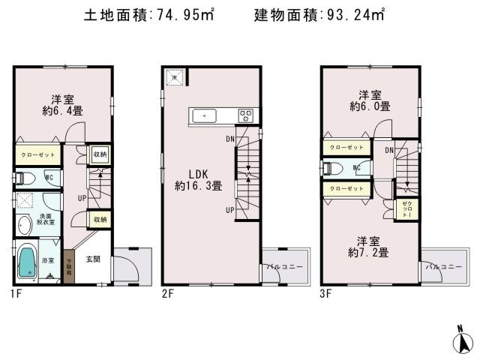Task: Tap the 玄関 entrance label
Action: click(x=93, y=259)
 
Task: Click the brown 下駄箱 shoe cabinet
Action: click(x=68, y=266)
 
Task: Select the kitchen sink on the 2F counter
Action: click(x=205, y=115)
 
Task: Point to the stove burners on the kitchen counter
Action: click(x=246, y=115)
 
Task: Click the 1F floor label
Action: click(x=16, y=294)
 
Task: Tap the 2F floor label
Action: click(x=167, y=294)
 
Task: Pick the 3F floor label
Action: click(x=326, y=294)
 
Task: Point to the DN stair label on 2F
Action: click(x=229, y=139)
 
